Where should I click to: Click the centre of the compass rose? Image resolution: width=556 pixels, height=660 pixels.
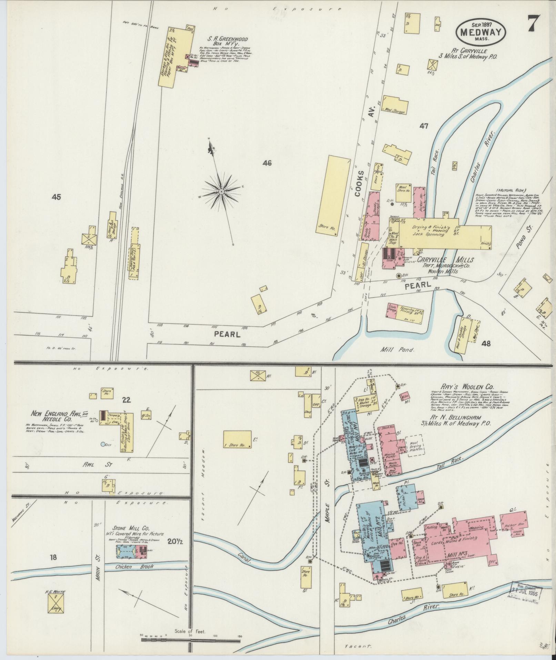221,191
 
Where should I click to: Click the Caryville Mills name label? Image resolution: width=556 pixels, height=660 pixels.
445,259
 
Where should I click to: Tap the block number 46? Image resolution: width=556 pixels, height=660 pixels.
267,163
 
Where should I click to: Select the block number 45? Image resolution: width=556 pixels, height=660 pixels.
56,197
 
